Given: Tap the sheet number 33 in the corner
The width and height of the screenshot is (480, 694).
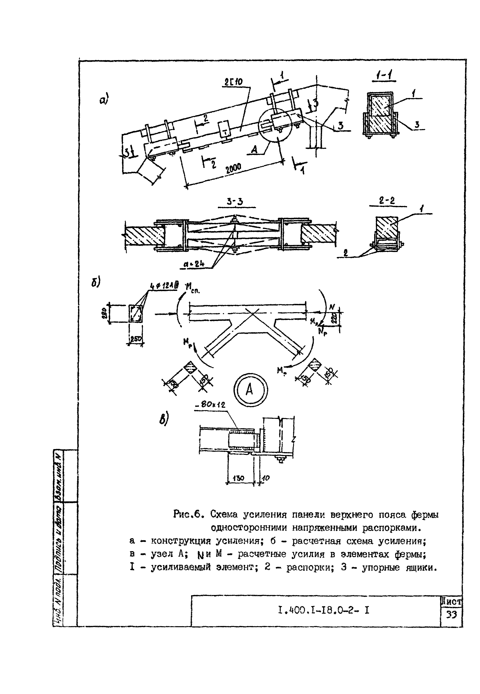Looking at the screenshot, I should (451, 615).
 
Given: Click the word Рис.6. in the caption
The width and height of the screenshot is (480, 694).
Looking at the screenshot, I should (189, 514).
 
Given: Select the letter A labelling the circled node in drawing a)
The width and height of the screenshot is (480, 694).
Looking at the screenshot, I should (254, 149).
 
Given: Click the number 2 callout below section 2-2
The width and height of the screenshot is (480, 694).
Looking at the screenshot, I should (346, 253).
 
